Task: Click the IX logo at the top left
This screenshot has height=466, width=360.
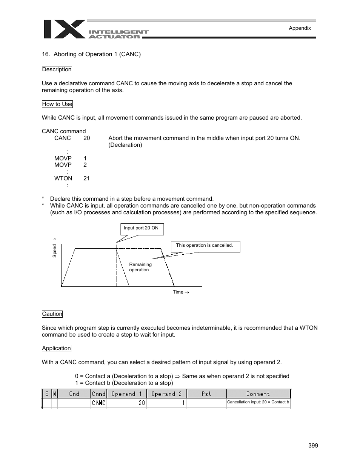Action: point(64,29)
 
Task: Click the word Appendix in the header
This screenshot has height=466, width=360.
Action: point(300,28)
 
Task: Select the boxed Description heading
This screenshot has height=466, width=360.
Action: point(57,69)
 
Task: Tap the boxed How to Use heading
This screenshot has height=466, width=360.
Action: point(57,104)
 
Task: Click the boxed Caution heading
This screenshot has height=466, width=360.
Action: point(52,314)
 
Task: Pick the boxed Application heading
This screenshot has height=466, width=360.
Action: point(56,348)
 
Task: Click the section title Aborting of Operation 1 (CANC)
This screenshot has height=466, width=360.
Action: point(91,54)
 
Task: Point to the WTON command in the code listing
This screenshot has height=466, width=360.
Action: point(63,178)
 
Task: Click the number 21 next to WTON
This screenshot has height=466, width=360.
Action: point(87,178)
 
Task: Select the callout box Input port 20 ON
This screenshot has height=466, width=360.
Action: point(141,228)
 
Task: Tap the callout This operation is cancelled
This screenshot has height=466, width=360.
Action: point(205,246)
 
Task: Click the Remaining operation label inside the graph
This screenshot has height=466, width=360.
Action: point(140,267)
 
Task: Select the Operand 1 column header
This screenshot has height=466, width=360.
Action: point(126,394)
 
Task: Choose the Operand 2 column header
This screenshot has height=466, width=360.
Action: point(166,394)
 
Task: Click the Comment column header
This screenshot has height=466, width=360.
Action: point(258,394)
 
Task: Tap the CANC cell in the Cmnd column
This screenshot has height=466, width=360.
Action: point(99,403)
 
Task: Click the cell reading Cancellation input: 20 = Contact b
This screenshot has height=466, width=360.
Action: point(258,402)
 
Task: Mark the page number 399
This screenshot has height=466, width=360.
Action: point(313,446)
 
